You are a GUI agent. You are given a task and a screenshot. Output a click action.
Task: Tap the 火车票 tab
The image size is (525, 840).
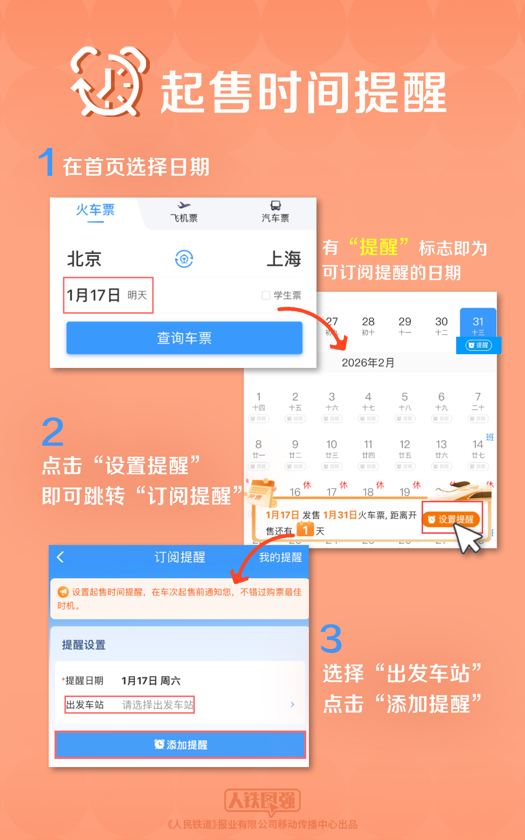click(95, 210)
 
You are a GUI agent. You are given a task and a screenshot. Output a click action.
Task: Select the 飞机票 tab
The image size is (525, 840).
click(184, 212)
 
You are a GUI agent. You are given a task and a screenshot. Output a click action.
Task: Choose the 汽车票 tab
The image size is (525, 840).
click(275, 212)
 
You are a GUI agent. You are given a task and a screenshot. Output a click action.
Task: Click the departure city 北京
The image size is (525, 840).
click(84, 259)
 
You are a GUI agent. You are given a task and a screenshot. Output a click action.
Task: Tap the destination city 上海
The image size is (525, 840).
click(284, 259)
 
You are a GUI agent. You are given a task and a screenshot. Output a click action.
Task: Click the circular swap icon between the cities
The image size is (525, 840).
click(184, 259)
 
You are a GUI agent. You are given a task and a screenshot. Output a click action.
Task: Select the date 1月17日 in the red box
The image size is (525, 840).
click(108, 295)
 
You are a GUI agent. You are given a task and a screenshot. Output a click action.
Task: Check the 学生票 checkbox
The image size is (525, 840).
click(266, 296)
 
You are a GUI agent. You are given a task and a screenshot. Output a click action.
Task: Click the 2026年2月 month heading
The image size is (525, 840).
click(368, 363)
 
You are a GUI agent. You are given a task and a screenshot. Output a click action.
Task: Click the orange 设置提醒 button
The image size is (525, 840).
click(452, 519)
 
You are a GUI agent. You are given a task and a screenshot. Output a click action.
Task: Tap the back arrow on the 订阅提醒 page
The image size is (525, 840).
click(60, 557)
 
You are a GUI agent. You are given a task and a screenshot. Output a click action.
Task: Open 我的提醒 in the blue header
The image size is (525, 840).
click(280, 557)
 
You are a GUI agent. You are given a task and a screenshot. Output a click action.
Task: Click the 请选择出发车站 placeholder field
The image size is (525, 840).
click(157, 705)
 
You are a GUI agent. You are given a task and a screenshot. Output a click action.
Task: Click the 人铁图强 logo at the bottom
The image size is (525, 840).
click(262, 800)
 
